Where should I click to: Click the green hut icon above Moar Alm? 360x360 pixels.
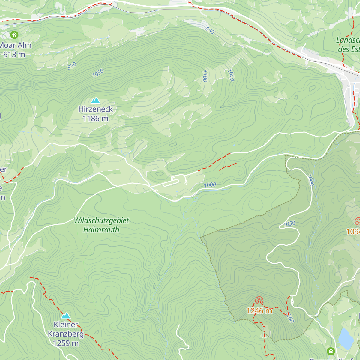pyautogui.click(x=14, y=35)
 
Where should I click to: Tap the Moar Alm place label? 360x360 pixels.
pyautogui.click(x=16, y=45)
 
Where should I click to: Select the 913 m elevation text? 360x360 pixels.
pyautogui.click(x=14, y=55)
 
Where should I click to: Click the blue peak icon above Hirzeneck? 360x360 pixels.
pyautogui.click(x=95, y=100)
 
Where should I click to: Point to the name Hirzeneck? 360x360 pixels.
pyautogui.click(x=95, y=109)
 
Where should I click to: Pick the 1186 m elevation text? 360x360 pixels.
pyautogui.click(x=95, y=118)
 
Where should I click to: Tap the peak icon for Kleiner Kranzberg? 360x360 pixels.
pyautogui.click(x=66, y=316)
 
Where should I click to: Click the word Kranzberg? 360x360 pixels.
pyautogui.click(x=66, y=334)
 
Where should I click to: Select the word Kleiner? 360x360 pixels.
pyautogui.click(x=66, y=325)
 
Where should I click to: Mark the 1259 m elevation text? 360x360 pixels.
pyautogui.click(x=66, y=343)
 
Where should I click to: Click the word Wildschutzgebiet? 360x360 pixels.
pyautogui.click(x=101, y=220)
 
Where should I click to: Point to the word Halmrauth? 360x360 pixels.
pyautogui.click(x=101, y=230)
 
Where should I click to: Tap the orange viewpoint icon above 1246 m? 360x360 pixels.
pyautogui.click(x=259, y=300)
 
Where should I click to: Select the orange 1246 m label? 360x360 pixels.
pyautogui.click(x=259, y=311)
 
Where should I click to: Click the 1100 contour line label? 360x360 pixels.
pyautogui.click(x=205, y=76)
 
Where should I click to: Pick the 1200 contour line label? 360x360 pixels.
pyautogui.click(x=290, y=317)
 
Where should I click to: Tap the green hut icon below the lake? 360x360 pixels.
pyautogui.click(x=331, y=351)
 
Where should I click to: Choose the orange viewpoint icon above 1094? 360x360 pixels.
pyautogui.click(x=358, y=221)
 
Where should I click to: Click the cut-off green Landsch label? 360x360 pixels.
pyautogui.click(x=348, y=40)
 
